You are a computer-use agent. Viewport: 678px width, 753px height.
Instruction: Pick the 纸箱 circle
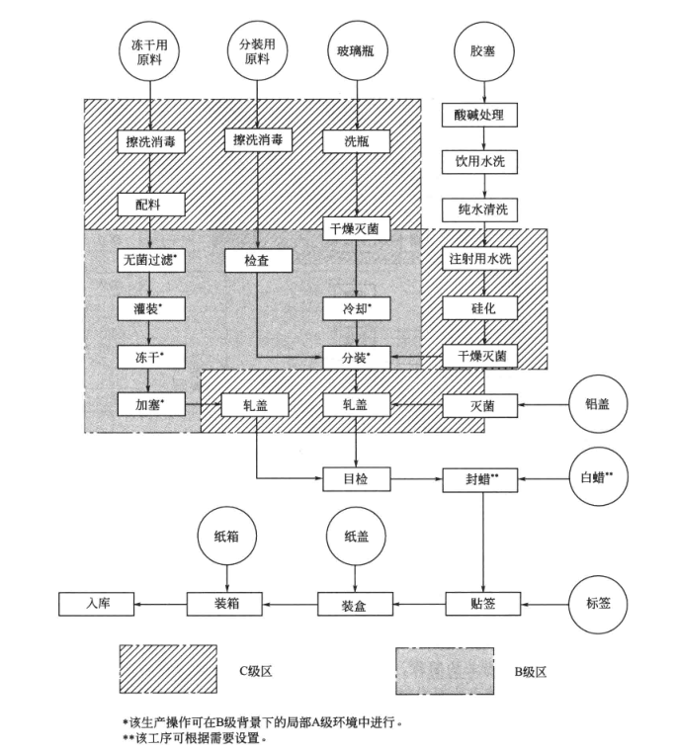(x=226, y=539)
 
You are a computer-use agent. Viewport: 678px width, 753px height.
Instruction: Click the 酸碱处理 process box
(x=479, y=116)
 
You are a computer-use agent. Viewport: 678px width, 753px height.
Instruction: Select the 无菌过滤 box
(x=151, y=260)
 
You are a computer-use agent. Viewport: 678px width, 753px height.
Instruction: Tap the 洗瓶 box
(x=356, y=141)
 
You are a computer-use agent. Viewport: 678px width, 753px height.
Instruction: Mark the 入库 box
(x=96, y=602)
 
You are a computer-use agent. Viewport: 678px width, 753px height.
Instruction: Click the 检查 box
(x=255, y=260)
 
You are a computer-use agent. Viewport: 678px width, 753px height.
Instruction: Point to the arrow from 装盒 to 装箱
(x=293, y=602)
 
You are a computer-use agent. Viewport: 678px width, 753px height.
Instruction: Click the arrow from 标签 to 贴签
(x=545, y=602)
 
